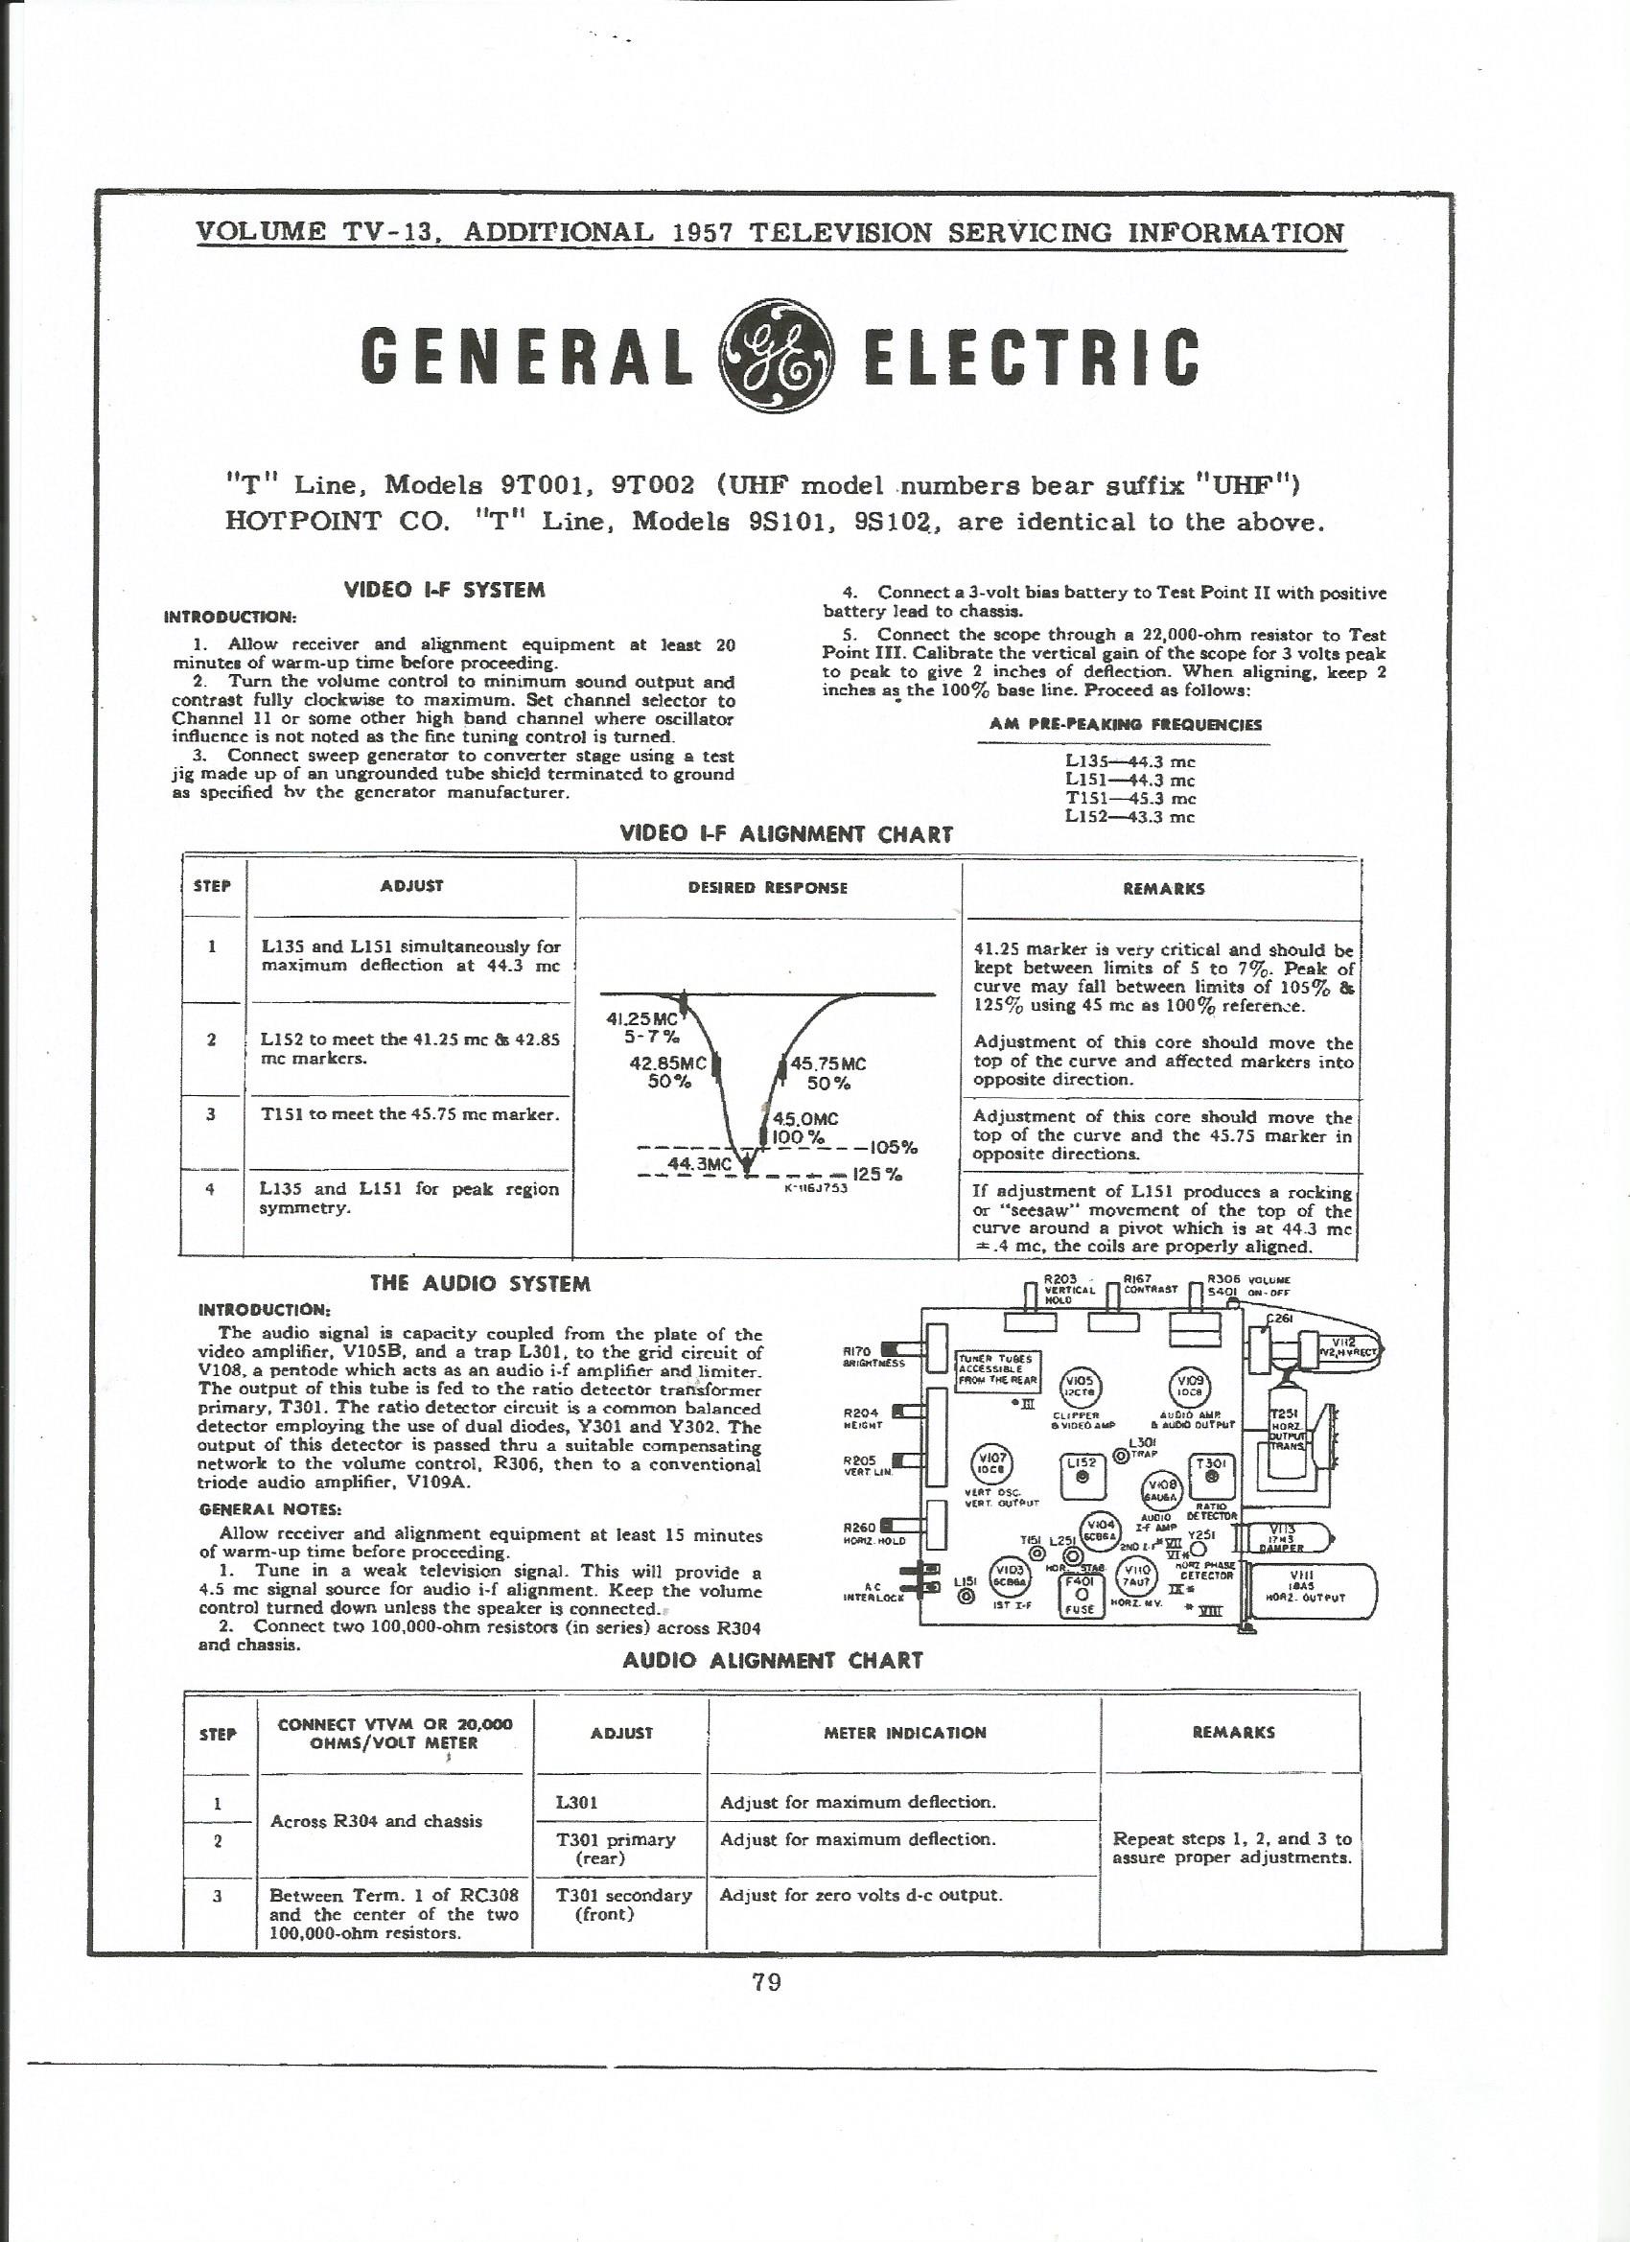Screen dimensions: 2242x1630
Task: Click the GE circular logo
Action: tap(778, 355)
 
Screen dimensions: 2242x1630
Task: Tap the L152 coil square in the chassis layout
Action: tap(1083, 1469)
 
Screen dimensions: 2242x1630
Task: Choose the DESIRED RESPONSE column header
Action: tap(767, 888)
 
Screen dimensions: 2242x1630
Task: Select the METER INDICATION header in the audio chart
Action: tap(903, 1733)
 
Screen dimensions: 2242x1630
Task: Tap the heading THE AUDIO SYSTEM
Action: tap(479, 1284)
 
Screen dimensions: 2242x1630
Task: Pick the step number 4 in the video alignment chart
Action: tap(210, 1188)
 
